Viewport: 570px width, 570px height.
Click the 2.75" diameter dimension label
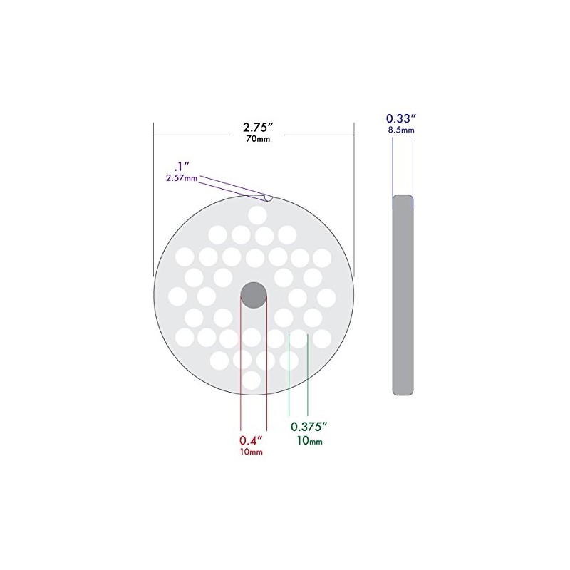pyautogui.click(x=254, y=128)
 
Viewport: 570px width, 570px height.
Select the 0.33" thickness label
pyautogui.click(x=401, y=119)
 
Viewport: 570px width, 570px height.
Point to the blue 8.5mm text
pyautogui.click(x=401, y=130)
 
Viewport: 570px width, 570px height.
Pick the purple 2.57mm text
pyautogui.click(x=182, y=178)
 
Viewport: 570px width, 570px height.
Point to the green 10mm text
pyautogui.click(x=309, y=440)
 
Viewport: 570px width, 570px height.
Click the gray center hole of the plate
pyautogui.click(x=254, y=294)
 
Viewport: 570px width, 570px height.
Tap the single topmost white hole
pyautogui.click(x=257, y=214)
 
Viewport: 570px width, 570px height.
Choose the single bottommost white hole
pyautogui.click(x=251, y=379)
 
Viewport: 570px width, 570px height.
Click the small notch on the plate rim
pyautogui.click(x=266, y=196)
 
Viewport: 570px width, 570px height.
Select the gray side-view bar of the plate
pyautogui.click(x=403, y=294)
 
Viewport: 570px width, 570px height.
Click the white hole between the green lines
pyautogui.click(x=297, y=339)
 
